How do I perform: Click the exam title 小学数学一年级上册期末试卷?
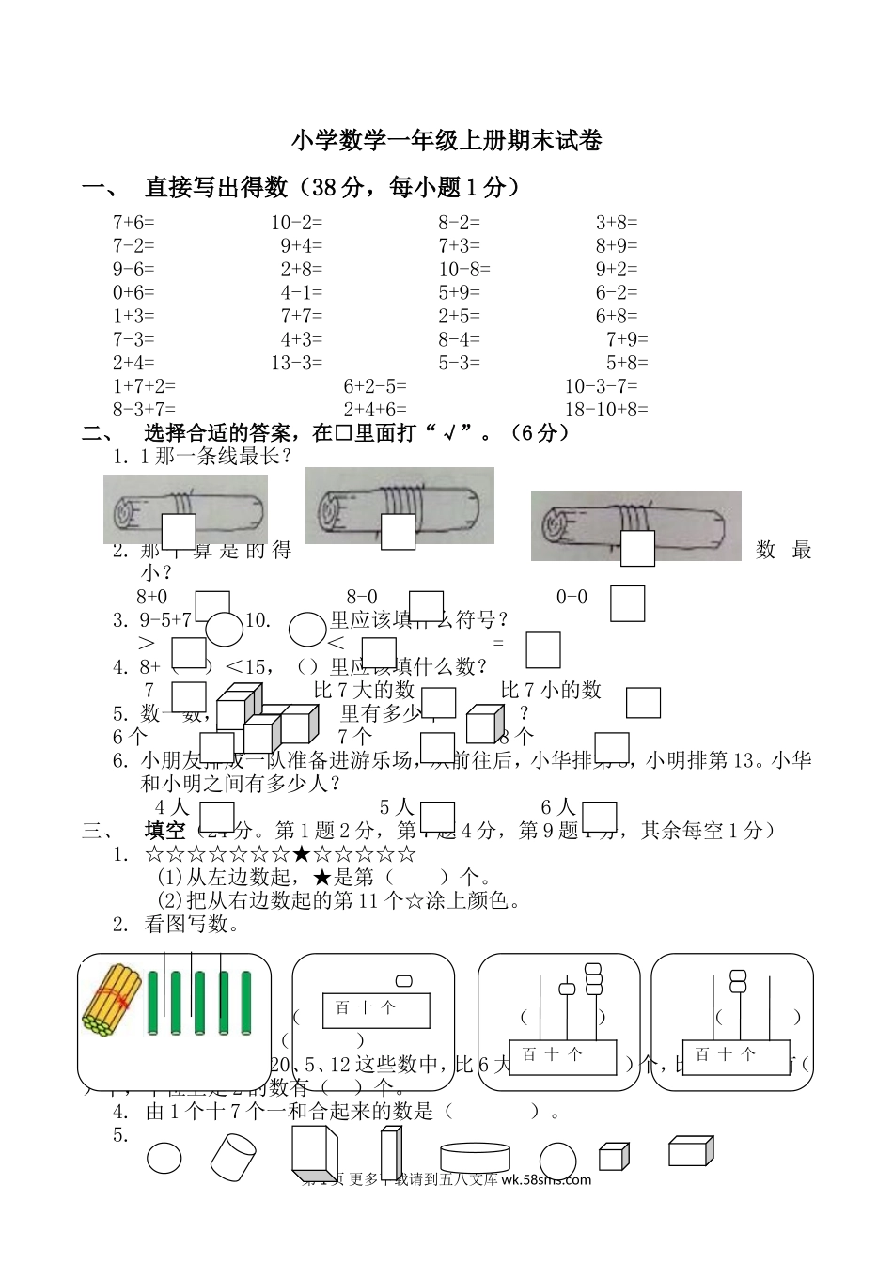click(x=446, y=141)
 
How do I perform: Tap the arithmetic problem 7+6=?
click(x=133, y=223)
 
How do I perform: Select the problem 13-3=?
click(x=296, y=363)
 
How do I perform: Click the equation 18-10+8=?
click(x=606, y=409)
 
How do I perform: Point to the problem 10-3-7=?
click(x=601, y=386)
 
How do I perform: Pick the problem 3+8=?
click(x=617, y=223)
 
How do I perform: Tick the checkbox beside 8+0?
click(x=212, y=605)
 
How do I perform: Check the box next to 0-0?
click(x=627, y=603)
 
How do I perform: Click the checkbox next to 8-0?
click(x=427, y=606)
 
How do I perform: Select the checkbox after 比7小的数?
click(x=643, y=703)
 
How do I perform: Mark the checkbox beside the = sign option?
click(x=543, y=649)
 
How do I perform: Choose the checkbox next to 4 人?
click(x=217, y=816)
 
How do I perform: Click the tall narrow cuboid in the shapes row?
click(x=389, y=1153)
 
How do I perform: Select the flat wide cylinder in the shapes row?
click(x=476, y=1156)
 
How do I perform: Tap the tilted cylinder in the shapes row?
click(x=232, y=1156)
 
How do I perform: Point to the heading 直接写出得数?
click(x=216, y=188)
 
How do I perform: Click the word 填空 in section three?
click(x=165, y=831)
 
